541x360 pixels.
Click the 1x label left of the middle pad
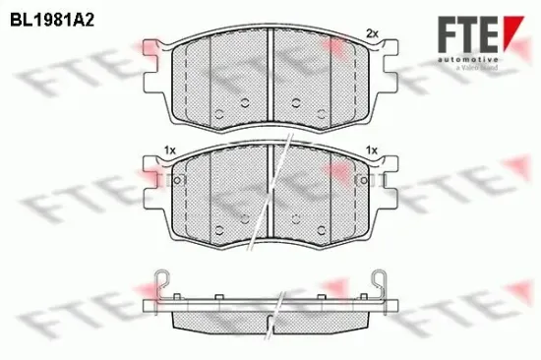[170, 150]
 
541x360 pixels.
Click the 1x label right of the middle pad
[372, 150]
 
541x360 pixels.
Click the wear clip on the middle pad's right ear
[367, 181]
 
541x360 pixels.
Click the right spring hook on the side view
[378, 283]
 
